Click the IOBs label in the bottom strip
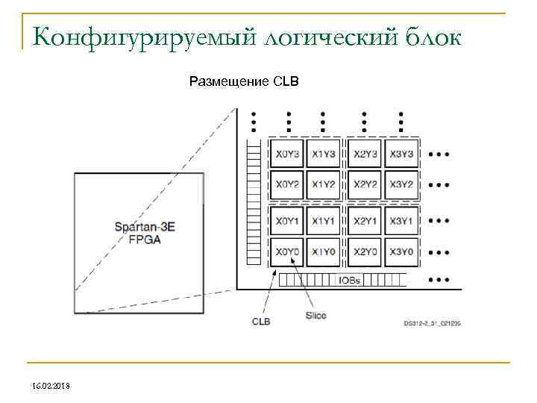pyautogui.click(x=349, y=281)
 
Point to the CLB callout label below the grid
pyautogui.click(x=260, y=322)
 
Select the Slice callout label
pyautogui.click(x=315, y=316)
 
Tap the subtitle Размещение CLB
pyautogui.click(x=244, y=81)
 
